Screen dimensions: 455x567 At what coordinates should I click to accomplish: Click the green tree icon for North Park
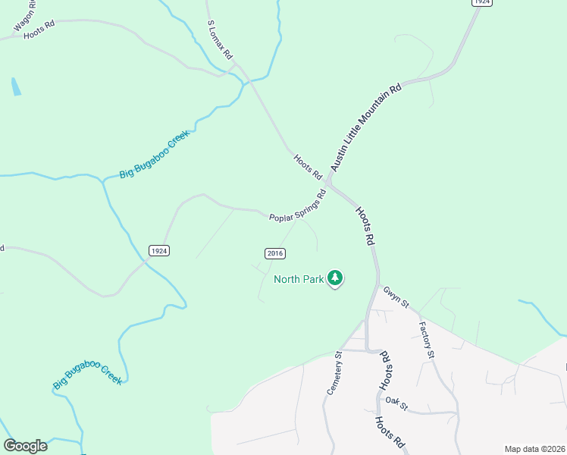335,279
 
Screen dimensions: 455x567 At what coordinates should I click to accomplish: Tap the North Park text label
299,278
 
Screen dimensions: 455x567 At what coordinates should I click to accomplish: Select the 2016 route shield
274,253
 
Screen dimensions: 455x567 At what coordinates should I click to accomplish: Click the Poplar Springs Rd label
298,206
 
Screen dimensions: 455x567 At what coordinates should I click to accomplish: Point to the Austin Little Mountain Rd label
365,128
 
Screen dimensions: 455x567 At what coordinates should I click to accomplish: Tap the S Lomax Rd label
221,40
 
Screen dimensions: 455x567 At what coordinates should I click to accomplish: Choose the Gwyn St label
396,297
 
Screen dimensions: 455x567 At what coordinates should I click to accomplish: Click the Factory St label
428,339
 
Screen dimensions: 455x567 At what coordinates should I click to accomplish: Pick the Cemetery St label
335,372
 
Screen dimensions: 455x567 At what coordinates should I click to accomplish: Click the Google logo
25,446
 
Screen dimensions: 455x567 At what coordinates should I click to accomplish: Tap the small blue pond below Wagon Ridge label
16,86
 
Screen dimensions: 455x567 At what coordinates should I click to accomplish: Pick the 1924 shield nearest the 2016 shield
158,251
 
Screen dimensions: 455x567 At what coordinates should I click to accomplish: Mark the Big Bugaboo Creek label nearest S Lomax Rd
153,155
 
